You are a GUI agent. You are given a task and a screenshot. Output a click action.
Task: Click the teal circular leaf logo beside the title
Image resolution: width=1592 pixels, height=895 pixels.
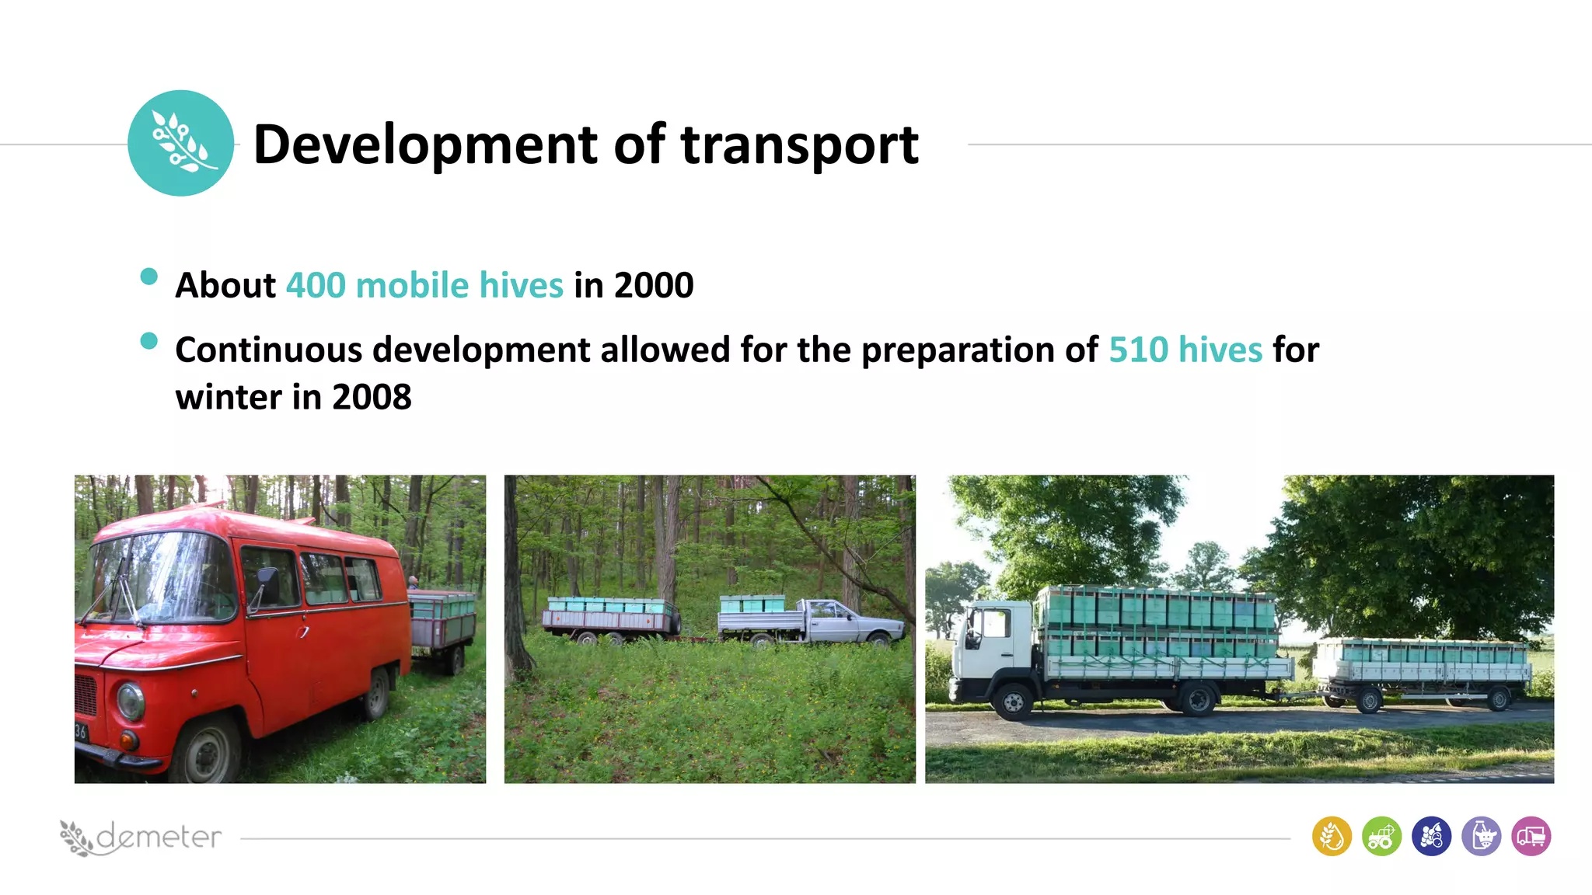pos(180,143)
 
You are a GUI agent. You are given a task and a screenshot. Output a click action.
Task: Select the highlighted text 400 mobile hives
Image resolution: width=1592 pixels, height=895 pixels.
pos(424,285)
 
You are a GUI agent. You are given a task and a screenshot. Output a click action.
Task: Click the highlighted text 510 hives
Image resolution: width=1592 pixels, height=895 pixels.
pos(1185,350)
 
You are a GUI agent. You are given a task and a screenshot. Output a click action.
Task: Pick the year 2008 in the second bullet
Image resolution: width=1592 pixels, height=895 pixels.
pos(372,397)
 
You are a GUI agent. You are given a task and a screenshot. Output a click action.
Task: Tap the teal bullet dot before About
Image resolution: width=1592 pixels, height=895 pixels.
pos(149,277)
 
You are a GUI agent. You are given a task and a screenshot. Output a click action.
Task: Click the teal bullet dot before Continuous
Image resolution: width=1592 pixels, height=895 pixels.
pos(149,341)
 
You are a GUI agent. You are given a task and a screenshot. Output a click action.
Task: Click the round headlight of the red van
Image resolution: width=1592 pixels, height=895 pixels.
pos(131,700)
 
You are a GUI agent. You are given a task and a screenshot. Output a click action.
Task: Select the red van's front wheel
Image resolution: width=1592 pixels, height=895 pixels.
pos(206,751)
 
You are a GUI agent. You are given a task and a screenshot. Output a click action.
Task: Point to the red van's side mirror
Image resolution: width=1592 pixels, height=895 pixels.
pos(267,581)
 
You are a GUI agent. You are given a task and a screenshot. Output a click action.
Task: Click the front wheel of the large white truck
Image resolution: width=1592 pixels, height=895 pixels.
pos(1014,702)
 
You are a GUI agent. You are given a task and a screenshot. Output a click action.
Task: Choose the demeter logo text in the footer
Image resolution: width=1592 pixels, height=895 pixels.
pos(159,837)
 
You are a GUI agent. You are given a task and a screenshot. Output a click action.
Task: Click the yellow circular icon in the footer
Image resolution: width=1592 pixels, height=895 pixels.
pos(1332,837)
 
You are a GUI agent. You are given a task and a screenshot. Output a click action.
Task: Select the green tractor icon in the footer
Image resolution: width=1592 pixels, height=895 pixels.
pos(1381,837)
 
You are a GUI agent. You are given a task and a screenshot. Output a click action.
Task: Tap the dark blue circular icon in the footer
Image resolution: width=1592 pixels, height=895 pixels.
pos(1431,837)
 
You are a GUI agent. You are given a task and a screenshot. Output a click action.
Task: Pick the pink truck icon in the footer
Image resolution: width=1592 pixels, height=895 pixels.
pos(1531,837)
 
